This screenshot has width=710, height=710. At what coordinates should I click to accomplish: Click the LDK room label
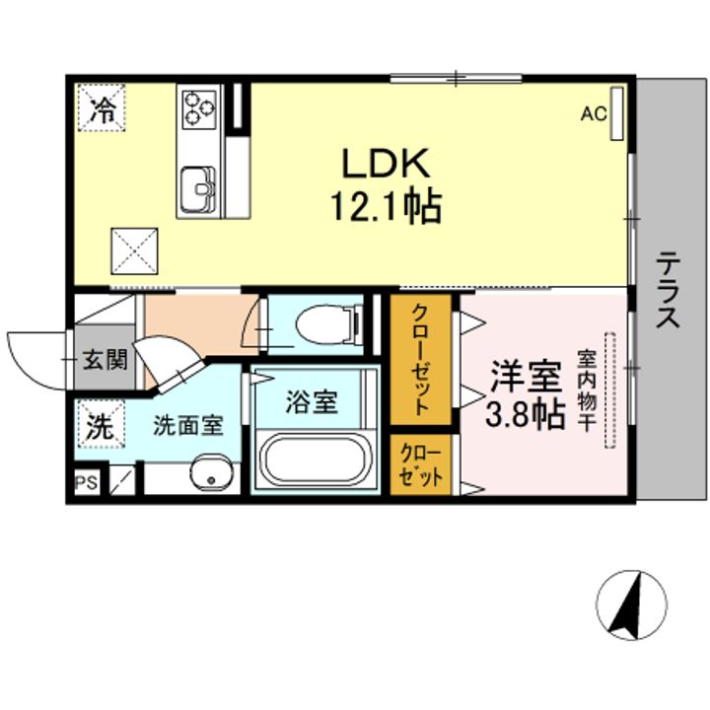(386, 164)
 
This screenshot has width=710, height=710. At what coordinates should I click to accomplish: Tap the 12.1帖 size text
(387, 206)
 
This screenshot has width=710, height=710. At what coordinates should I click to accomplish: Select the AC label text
(594, 114)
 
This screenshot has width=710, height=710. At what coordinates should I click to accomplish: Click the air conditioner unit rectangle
(616, 113)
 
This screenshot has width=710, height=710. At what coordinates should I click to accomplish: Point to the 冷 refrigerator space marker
(102, 107)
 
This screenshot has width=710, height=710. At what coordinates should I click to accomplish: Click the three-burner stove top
(199, 107)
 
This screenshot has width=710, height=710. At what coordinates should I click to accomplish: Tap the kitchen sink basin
(198, 188)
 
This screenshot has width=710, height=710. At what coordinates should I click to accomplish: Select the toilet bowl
(325, 323)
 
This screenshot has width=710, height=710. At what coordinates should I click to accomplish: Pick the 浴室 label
(312, 402)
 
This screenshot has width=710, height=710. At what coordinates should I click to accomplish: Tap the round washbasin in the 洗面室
(211, 471)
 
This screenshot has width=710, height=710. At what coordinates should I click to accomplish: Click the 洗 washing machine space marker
(100, 425)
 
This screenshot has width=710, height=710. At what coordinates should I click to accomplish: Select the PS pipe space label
(87, 482)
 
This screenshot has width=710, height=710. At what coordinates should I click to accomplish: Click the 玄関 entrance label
(106, 361)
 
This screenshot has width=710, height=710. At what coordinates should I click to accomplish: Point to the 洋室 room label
(527, 377)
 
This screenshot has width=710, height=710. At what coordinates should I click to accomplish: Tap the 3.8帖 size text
(526, 414)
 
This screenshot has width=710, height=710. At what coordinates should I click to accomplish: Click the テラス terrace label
(669, 290)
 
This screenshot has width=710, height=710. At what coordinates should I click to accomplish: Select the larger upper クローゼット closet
(421, 360)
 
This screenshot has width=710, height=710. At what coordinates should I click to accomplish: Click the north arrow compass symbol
(631, 604)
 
